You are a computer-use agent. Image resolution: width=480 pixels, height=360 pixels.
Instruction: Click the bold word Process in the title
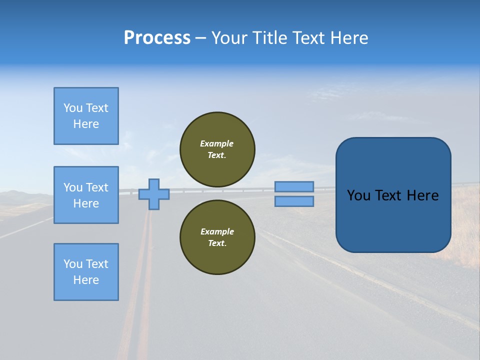point(157,38)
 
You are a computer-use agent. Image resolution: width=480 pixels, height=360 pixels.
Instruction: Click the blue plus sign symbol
point(154,194)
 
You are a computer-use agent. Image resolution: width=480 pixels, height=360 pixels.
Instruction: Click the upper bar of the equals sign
point(294,186)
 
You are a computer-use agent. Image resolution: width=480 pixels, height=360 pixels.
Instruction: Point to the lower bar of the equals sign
point(294,201)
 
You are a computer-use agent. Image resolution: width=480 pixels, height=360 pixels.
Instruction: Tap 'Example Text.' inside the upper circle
point(217,149)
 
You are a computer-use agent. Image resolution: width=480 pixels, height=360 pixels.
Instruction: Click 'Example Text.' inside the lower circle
point(217,237)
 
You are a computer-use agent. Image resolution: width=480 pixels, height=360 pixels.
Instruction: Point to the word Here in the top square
point(86,124)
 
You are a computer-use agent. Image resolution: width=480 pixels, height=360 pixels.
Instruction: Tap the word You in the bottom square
point(73,264)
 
